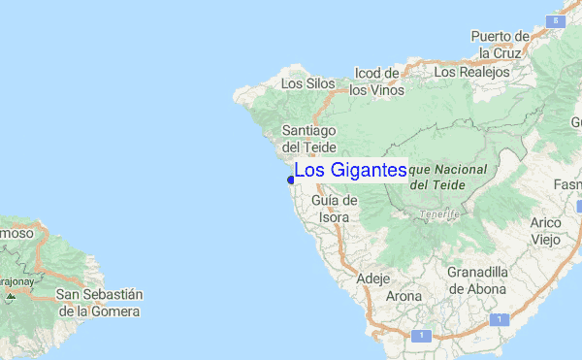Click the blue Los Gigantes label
pyautogui.click(x=350, y=171)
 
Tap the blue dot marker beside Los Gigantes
pyautogui.click(x=291, y=179)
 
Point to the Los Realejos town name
pyautogui.click(x=471, y=73)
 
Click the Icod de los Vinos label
pyautogui.click(x=376, y=82)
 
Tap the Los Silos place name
pyautogui.click(x=307, y=84)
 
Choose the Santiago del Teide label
pyautogui.click(x=308, y=138)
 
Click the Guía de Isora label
pyautogui.click(x=335, y=209)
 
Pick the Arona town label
pyautogui.click(x=404, y=296)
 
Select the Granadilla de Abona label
pyautogui.click(x=477, y=279)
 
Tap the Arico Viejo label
pyautogui.click(x=546, y=231)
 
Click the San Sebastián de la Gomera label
pyautogui.click(x=99, y=303)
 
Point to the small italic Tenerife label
pyautogui.click(x=437, y=214)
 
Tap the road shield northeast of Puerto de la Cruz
pyautogui.click(x=552, y=19)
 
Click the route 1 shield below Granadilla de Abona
pyautogui.click(x=498, y=319)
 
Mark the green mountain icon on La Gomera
pyautogui.click(x=10, y=295)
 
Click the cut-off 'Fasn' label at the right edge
pyautogui.click(x=566, y=185)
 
